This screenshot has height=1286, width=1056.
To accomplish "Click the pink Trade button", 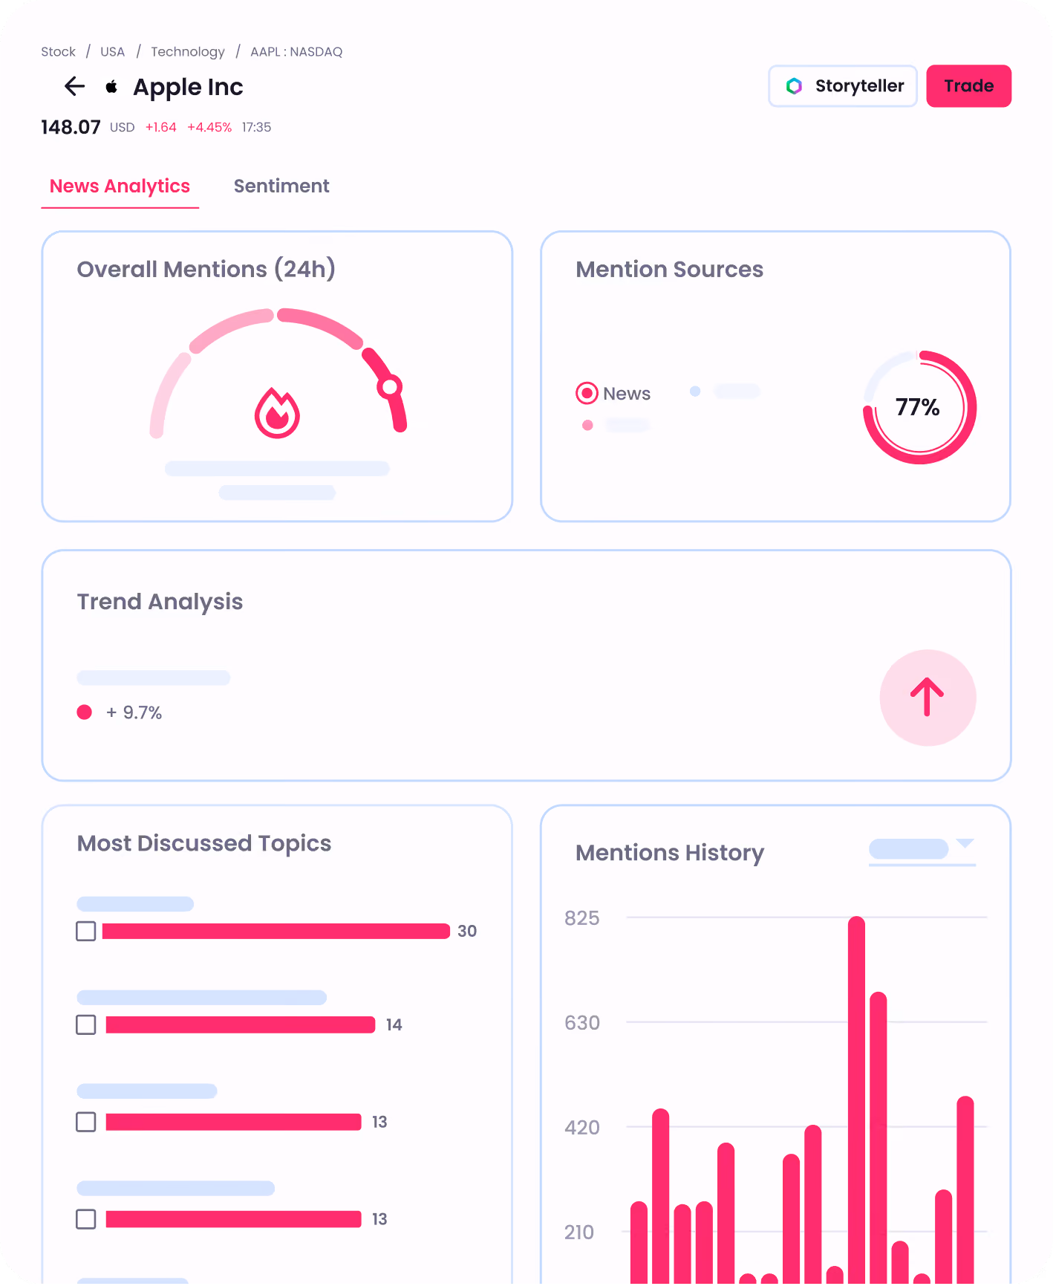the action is click(x=968, y=86).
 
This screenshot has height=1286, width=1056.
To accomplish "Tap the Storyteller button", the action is click(x=843, y=86).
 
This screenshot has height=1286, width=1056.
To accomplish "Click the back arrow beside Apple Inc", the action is click(x=74, y=87).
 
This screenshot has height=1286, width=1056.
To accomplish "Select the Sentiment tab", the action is click(x=281, y=186).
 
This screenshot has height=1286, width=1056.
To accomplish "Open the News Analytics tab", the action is click(x=120, y=186).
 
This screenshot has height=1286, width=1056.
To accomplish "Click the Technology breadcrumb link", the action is click(x=188, y=51).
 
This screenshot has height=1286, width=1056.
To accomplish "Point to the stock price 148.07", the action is click(x=71, y=127).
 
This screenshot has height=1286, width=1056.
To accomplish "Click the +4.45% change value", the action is click(x=209, y=127).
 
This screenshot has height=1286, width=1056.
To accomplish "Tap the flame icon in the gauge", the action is click(x=277, y=413).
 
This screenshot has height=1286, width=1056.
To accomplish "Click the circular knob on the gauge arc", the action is click(x=389, y=386).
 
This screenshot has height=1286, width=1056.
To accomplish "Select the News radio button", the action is click(x=587, y=393).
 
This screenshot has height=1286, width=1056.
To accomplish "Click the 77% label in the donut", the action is click(x=918, y=407).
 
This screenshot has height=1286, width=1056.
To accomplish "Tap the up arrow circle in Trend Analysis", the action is click(x=928, y=698).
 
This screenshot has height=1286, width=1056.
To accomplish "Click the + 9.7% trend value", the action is click(x=134, y=712).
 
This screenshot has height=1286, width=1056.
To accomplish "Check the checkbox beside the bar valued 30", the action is click(x=86, y=931).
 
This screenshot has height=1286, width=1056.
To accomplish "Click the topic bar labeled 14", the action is click(x=241, y=1024).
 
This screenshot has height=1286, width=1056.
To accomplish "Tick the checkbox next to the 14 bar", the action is click(x=86, y=1024).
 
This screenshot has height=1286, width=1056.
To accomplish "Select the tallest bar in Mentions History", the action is click(x=857, y=1100).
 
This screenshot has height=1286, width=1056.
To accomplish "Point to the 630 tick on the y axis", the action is click(x=582, y=1023).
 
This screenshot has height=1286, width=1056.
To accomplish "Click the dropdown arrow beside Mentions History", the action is click(x=965, y=843).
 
